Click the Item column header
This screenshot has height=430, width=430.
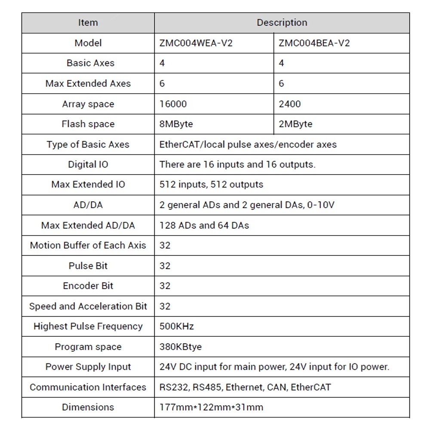click(88, 23)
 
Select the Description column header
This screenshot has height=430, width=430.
click(282, 23)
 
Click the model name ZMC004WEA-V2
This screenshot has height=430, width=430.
click(196, 43)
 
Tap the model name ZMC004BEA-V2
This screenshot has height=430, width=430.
click(314, 43)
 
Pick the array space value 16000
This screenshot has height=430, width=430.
click(173, 104)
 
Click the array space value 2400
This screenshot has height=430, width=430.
click(290, 104)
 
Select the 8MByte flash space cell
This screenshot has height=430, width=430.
click(176, 124)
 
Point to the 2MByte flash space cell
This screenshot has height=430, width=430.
click(295, 124)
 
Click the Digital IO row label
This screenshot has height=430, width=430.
click(88, 164)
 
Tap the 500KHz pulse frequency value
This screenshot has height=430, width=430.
click(176, 326)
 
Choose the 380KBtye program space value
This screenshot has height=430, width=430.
click(180, 347)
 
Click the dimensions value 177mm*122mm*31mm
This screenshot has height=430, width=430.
click(211, 407)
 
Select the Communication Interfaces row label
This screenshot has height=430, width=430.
click(88, 387)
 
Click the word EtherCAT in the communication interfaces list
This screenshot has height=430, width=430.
click(311, 387)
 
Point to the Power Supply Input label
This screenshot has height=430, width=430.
click(88, 367)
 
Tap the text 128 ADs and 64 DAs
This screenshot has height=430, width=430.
click(204, 225)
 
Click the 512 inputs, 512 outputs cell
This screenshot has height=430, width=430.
click(211, 184)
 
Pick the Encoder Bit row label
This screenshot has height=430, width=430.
click(88, 286)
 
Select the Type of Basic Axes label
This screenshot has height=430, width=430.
click(88, 144)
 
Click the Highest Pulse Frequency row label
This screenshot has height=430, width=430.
click(88, 326)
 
